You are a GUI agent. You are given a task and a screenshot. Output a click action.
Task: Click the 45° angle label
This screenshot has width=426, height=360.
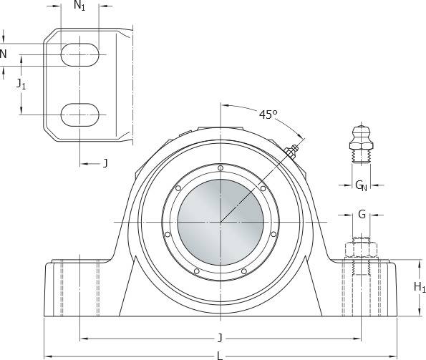point(268,115)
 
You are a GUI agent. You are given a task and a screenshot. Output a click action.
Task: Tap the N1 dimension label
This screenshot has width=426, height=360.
point(79,6)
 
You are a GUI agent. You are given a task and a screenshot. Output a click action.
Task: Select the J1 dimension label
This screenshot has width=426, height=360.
point(21,84)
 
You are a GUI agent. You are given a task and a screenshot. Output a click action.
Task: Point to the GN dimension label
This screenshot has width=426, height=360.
point(361,185)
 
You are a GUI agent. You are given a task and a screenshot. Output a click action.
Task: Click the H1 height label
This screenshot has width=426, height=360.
point(420,287)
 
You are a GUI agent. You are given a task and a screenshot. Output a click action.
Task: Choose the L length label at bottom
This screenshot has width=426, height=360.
point(220,356)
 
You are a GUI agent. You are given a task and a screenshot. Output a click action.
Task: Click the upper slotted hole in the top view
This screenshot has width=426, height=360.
point(80,54)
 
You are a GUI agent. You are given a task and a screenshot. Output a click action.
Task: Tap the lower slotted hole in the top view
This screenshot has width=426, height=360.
point(80,115)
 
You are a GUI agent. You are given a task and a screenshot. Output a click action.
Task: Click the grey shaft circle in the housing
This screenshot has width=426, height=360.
point(221,222)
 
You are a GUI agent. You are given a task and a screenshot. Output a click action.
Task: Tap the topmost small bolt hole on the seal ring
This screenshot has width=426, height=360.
point(221,168)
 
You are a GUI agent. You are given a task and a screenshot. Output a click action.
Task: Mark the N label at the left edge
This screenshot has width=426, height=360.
point(3,54)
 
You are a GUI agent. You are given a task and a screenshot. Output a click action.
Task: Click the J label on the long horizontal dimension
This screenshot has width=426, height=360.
point(220,339)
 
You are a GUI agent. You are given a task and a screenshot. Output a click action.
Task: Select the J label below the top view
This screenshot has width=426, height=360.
point(105,163)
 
